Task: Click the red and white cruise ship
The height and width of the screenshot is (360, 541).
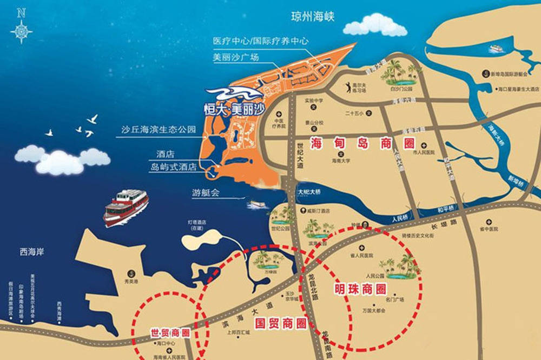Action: (x=126, y=206)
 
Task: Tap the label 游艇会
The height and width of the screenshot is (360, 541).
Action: (x=205, y=192)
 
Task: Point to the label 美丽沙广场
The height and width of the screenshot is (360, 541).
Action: (x=236, y=56)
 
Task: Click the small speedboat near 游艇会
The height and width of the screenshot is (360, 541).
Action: (x=256, y=205)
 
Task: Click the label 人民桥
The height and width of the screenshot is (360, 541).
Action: (x=398, y=219)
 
